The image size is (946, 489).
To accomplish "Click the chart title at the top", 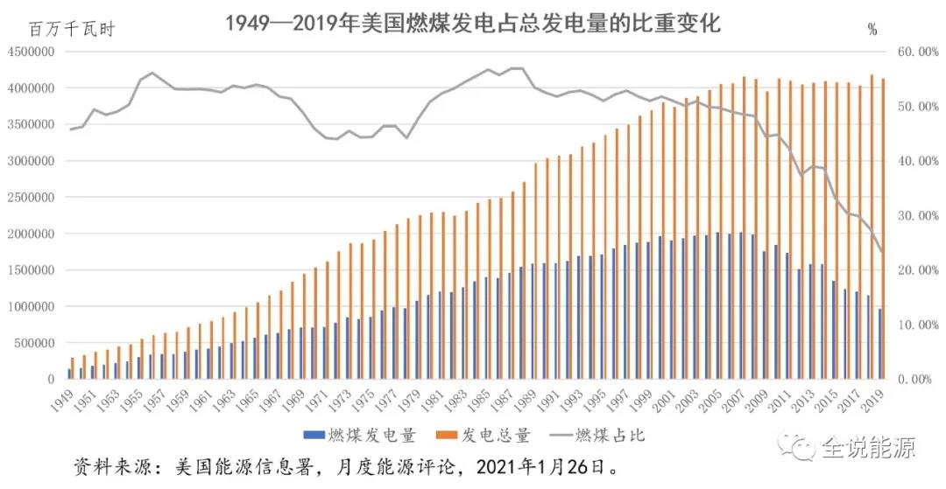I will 472,24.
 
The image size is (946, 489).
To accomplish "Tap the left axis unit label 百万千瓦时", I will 72,29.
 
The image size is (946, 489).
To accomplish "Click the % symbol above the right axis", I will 872,30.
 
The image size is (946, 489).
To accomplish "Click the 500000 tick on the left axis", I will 36,344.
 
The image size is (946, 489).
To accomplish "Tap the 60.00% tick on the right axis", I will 917,52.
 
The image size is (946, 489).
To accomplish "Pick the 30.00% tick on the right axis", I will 917,216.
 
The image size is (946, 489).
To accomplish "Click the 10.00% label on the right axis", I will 917,325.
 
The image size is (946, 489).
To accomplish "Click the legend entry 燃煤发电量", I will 359,434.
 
